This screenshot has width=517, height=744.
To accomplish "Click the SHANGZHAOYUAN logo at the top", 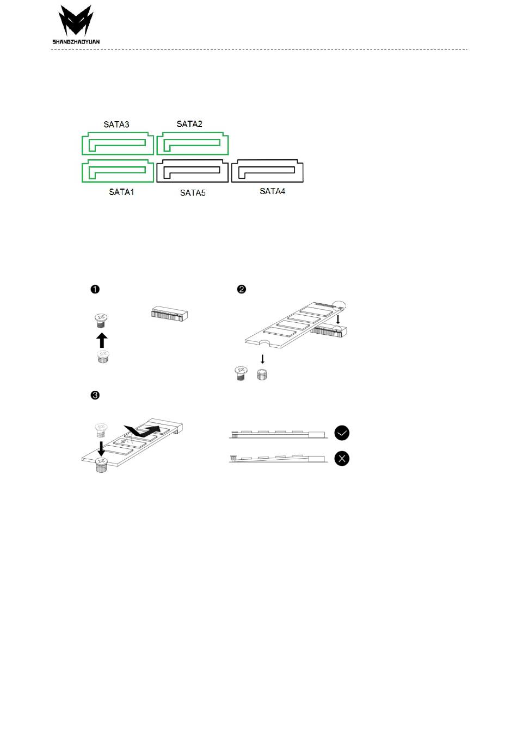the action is (x=76, y=25).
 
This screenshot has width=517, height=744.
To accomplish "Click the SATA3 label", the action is (x=116, y=124).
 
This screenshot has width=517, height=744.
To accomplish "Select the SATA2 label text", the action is (x=189, y=124).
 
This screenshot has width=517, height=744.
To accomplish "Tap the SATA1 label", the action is (x=121, y=192).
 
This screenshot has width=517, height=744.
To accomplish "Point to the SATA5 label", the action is (x=193, y=192).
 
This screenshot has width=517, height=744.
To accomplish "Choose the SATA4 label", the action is (x=273, y=191).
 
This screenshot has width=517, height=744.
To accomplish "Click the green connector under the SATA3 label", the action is (x=118, y=143).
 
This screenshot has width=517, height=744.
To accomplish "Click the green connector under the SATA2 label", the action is (x=193, y=143).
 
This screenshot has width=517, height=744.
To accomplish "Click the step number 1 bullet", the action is (x=95, y=289).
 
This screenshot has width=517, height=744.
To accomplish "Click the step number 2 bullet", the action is (x=242, y=289).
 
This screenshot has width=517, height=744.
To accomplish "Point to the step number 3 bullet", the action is (x=95, y=395).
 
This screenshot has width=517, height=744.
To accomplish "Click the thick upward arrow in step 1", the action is (x=102, y=340).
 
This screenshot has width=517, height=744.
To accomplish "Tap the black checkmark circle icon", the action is (x=342, y=433).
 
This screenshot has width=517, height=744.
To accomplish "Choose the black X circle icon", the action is (x=342, y=459).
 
